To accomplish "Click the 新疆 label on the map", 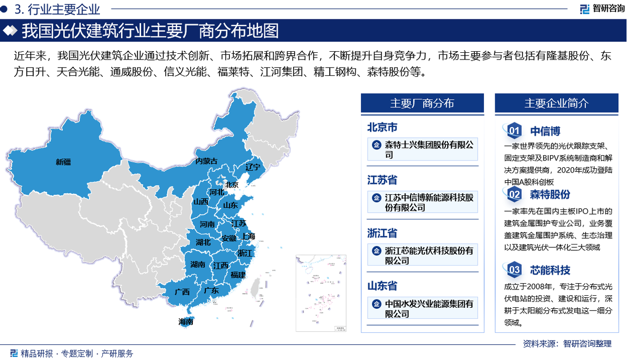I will [x=63, y=162].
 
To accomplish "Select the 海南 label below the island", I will [x=185, y=322].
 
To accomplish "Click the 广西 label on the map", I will [x=182, y=292].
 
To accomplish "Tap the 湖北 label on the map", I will [x=203, y=242].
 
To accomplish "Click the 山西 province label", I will [x=201, y=202].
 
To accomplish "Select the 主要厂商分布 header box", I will [x=422, y=103].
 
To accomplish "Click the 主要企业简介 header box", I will [x=556, y=103].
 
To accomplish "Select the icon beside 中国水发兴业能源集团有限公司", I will [x=376, y=304].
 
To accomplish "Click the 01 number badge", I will [x=514, y=131].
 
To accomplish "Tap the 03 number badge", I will [x=514, y=270].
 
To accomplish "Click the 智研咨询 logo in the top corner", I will [x=601, y=9].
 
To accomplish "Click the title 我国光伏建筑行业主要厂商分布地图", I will [x=150, y=31].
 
